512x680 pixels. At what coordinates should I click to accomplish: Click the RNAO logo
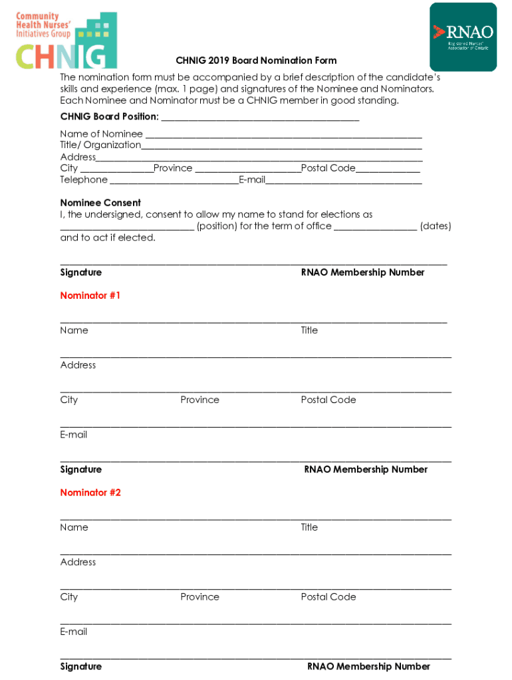pyautogui.click(x=463, y=37)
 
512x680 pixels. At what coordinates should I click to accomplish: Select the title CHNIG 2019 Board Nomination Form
pyautogui.click(x=256, y=60)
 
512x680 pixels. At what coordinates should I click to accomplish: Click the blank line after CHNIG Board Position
pyautogui.click(x=260, y=118)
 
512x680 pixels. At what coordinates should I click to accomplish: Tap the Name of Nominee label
pyautogui.click(x=101, y=134)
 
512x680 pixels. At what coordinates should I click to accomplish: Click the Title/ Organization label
pyautogui.click(x=100, y=145)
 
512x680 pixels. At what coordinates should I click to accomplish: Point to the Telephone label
pyautogui.click(x=84, y=180)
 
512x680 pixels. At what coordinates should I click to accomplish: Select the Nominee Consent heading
pyautogui.click(x=100, y=203)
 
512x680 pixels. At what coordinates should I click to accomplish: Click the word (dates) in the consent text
pyautogui.click(x=436, y=226)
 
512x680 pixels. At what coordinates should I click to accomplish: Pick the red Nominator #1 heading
pyautogui.click(x=90, y=296)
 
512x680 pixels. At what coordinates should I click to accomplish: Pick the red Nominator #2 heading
pyautogui.click(x=90, y=493)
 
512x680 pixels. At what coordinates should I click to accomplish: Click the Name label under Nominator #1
pyautogui.click(x=74, y=330)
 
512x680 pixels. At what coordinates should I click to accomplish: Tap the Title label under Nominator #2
pyautogui.click(x=309, y=527)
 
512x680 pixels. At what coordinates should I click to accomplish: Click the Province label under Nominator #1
pyautogui.click(x=199, y=400)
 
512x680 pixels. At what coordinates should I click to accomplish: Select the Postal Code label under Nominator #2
pyautogui.click(x=328, y=597)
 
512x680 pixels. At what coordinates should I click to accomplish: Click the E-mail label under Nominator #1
pyautogui.click(x=74, y=435)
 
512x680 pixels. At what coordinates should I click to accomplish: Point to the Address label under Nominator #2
pyautogui.click(x=78, y=562)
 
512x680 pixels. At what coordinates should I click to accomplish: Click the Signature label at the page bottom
pyautogui.click(x=81, y=667)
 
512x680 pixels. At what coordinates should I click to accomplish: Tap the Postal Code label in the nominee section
pyautogui.click(x=328, y=168)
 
